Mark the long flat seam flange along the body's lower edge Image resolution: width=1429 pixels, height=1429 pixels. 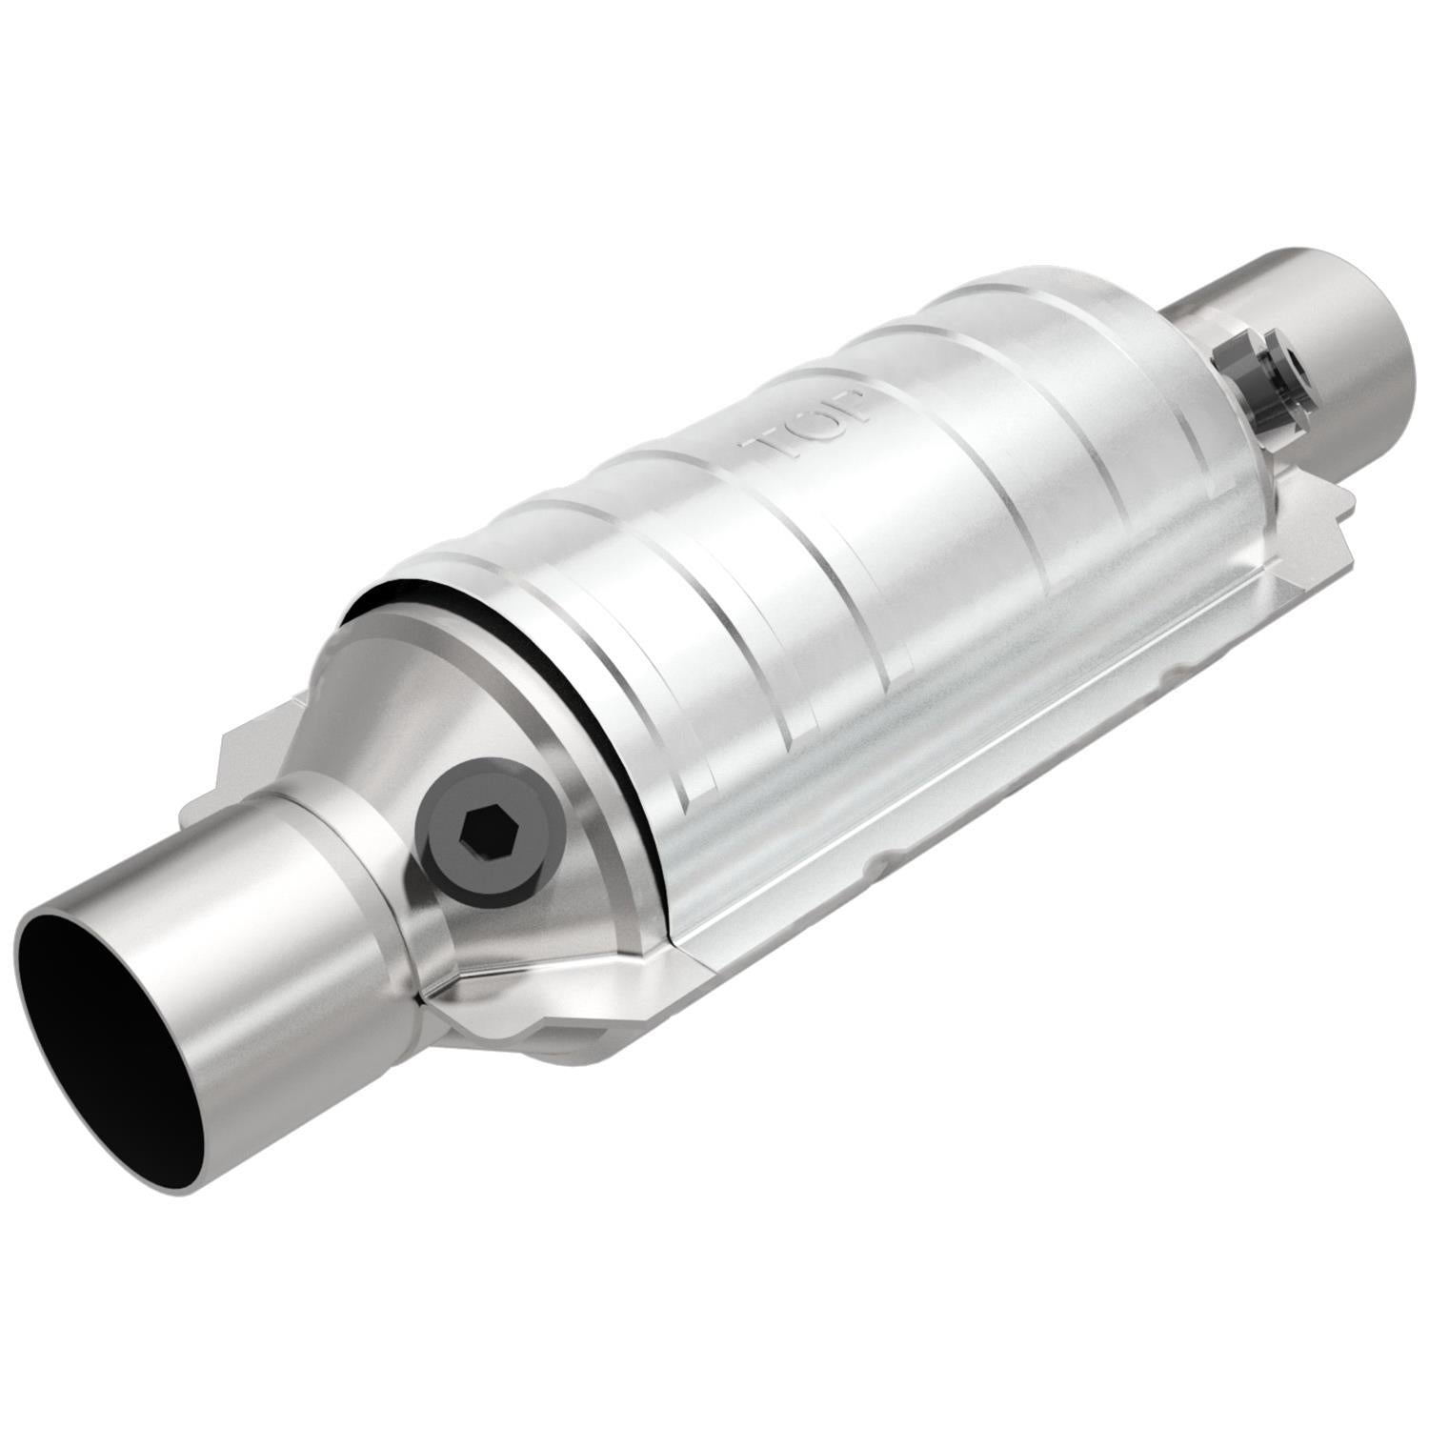click(953, 762)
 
